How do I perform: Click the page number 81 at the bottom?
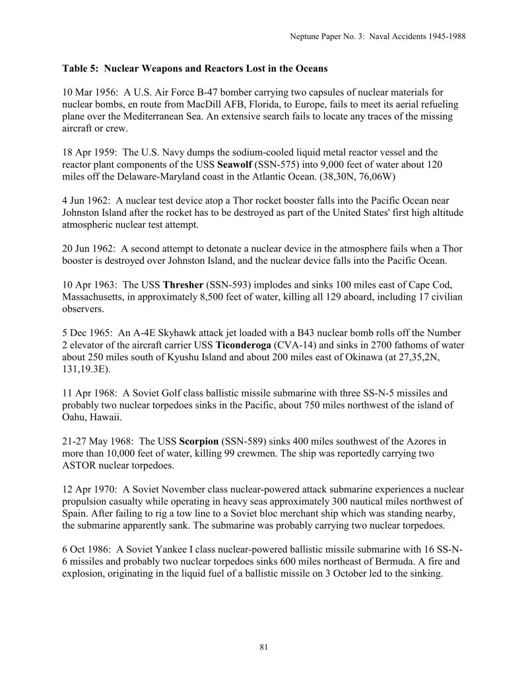click(x=264, y=647)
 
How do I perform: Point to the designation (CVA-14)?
click(x=294, y=344)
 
